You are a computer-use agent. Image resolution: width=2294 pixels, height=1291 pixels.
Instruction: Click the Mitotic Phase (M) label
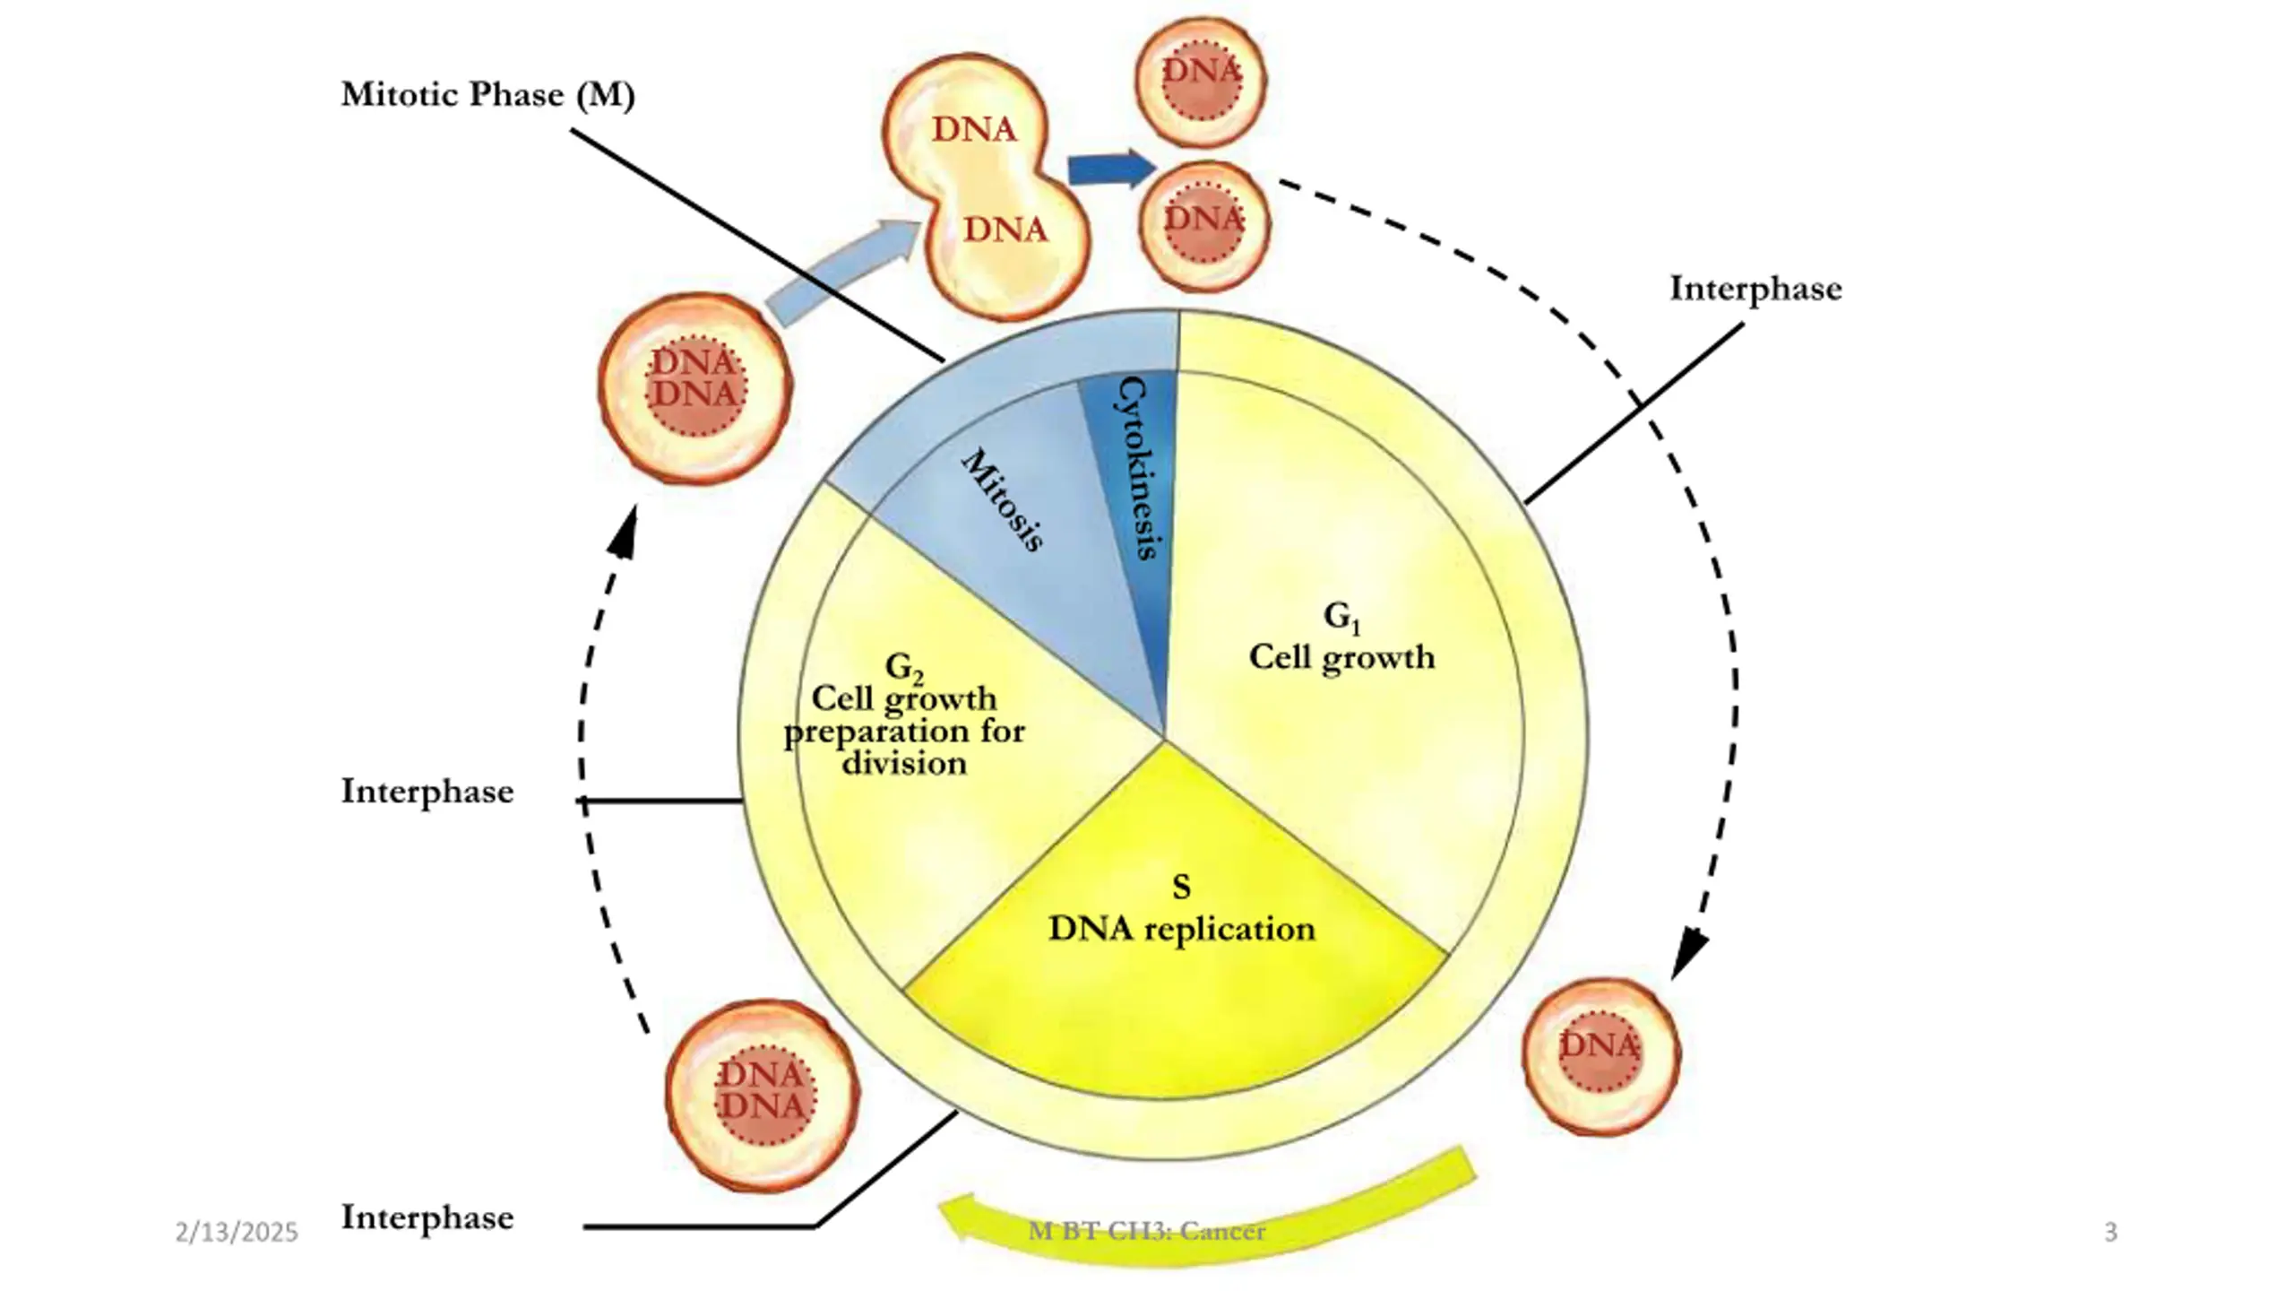(x=487, y=95)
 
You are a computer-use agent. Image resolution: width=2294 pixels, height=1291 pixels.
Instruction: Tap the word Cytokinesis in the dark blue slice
(x=1136, y=468)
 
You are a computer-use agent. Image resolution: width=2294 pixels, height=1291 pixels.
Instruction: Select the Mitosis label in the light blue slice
(x=1002, y=499)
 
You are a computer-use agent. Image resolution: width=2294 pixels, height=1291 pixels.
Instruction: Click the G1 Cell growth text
(x=1341, y=638)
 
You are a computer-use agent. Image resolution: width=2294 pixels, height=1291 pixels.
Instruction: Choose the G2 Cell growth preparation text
(x=904, y=715)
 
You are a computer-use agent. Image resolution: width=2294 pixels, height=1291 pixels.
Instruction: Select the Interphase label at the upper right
(x=1755, y=289)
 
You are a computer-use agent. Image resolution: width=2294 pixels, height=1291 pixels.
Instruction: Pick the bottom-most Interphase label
(x=427, y=1217)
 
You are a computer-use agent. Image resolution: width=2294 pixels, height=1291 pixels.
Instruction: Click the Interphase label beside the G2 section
(x=427, y=792)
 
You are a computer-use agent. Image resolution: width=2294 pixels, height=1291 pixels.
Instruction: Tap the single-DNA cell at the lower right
(x=1601, y=1056)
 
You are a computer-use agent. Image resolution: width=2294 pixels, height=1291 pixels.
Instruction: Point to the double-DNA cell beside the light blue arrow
(x=694, y=387)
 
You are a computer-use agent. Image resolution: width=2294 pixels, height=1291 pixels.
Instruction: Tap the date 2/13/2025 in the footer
(x=237, y=1233)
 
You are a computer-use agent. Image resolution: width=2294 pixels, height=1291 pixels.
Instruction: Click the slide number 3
(x=2110, y=1232)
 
